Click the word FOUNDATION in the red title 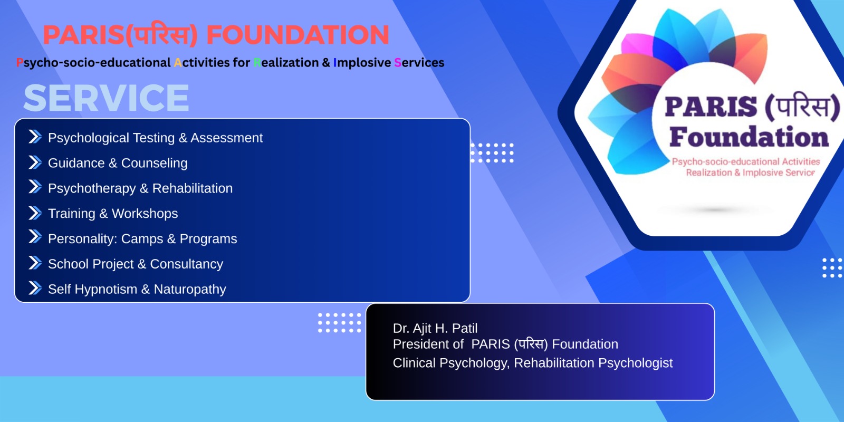click(x=298, y=35)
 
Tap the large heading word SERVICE click(x=106, y=98)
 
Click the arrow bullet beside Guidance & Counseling click(x=35, y=162)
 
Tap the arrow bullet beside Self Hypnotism click(x=35, y=288)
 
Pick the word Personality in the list click(x=82, y=239)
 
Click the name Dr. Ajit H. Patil click(x=435, y=328)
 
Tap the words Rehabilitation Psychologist click(x=593, y=363)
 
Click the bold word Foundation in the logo click(x=749, y=137)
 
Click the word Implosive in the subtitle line click(x=362, y=63)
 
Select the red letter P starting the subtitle click(x=20, y=63)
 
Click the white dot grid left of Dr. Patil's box click(x=339, y=322)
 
